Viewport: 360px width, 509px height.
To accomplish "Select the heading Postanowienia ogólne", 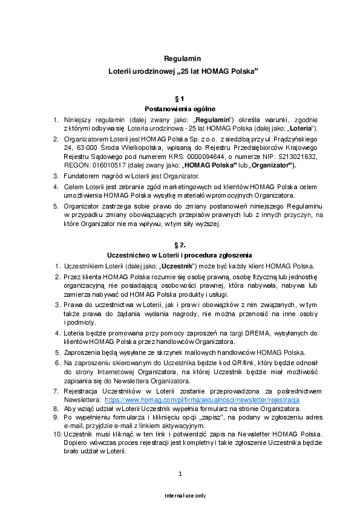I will (180, 109).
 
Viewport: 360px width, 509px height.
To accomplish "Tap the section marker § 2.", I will (180, 245).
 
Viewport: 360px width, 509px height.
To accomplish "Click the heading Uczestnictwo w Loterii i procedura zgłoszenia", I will (180, 255).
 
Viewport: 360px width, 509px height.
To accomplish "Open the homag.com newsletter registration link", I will (202, 400).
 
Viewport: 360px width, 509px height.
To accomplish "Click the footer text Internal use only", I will (180, 496).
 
